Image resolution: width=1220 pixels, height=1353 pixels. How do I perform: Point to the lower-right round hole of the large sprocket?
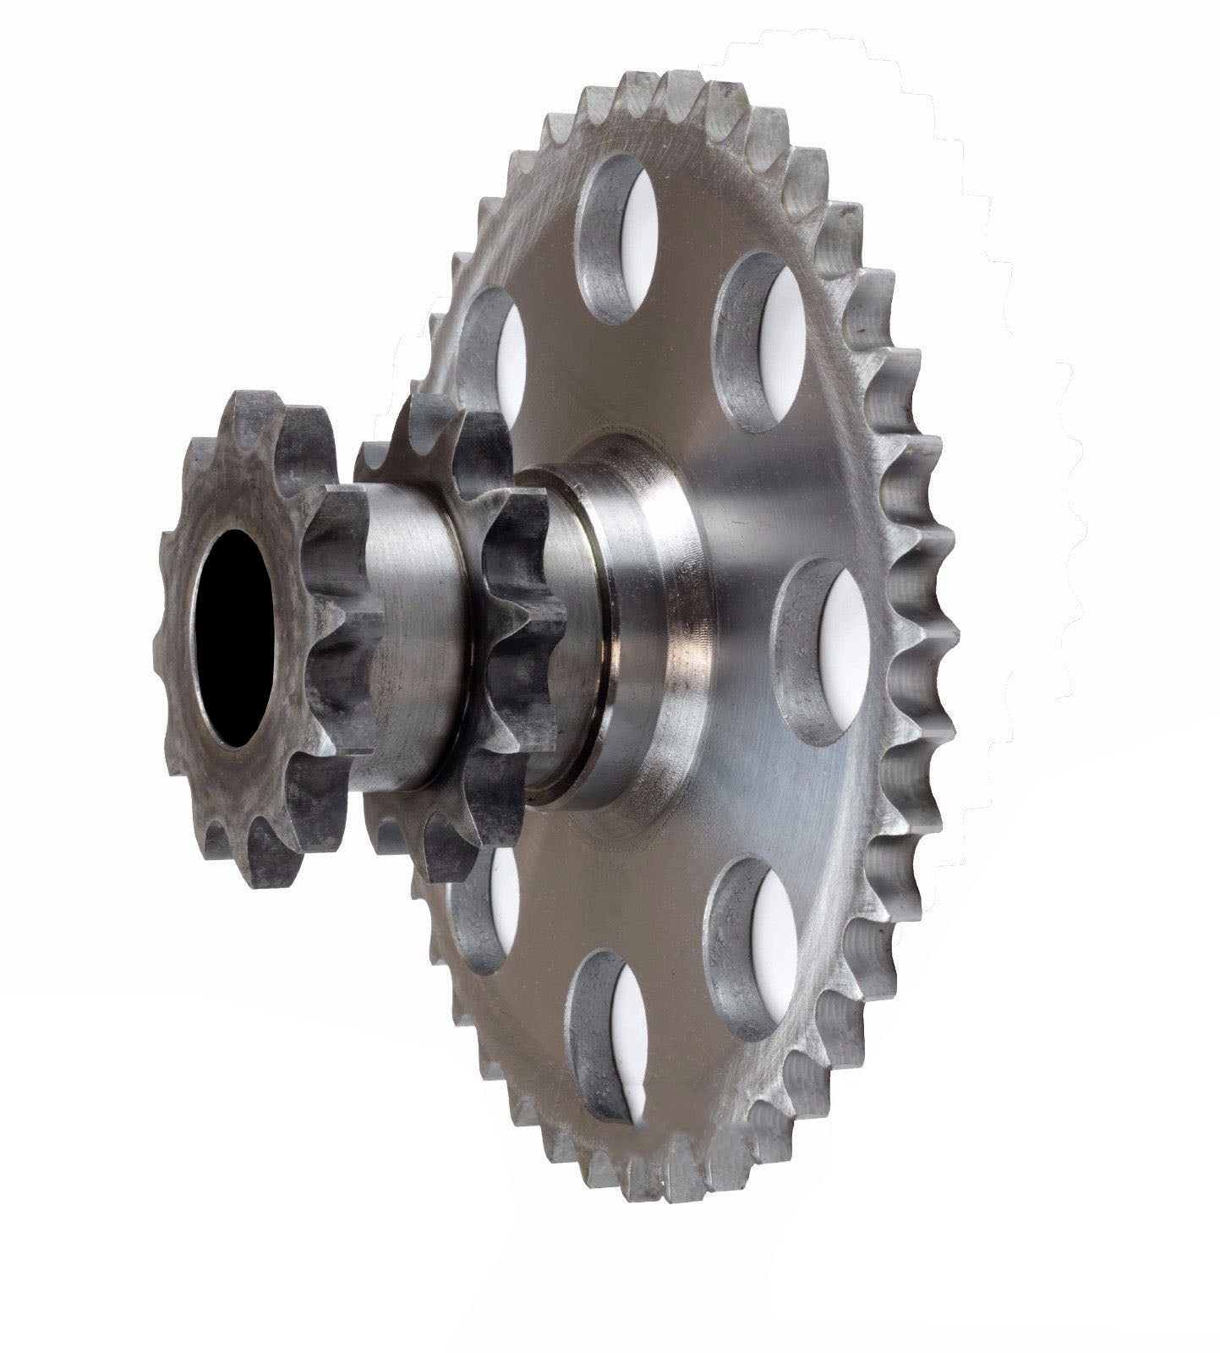pyautogui.click(x=752, y=947)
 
